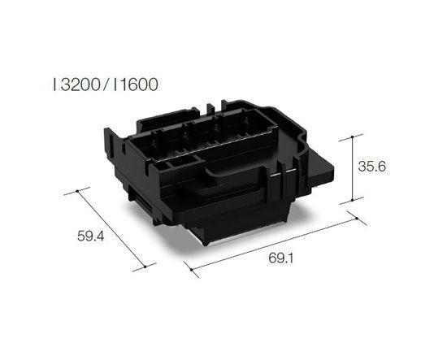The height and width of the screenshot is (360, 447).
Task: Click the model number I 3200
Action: coord(76,84)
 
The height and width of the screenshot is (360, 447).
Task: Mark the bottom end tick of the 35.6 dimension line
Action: coord(350,201)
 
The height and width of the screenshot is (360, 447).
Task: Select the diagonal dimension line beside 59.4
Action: coord(111,228)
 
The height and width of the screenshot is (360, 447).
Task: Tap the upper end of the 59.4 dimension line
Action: coord(78,192)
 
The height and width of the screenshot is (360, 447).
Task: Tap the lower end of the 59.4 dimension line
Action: coord(144,264)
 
